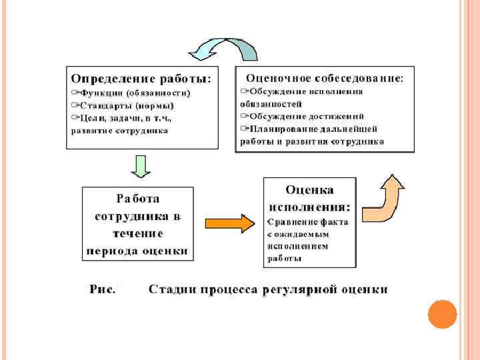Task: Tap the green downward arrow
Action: [x=141, y=166]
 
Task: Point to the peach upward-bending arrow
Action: [x=383, y=200]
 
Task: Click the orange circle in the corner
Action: [x=441, y=313]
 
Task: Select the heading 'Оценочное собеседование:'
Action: [x=325, y=78]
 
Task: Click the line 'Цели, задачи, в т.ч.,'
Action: [x=125, y=118]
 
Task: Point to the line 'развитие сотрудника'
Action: [x=120, y=131]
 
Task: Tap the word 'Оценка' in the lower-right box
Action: [x=309, y=191]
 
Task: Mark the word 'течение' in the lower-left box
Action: [x=138, y=233]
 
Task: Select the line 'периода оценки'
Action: [x=137, y=251]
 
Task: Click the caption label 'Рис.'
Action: [x=103, y=289]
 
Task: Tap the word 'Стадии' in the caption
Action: [x=171, y=289]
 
